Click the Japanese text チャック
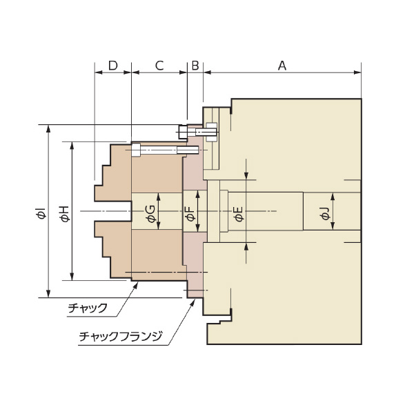click(88, 308)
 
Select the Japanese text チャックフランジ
click(121, 337)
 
